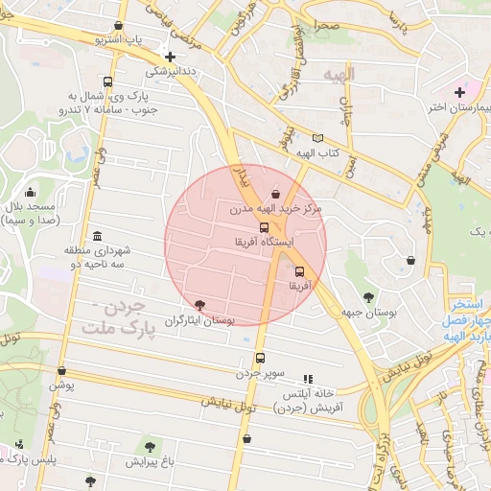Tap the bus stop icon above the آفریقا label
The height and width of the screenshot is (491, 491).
(x=299, y=271)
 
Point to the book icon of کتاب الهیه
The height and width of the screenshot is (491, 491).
(x=318, y=139)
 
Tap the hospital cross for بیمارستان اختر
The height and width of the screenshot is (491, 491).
(x=459, y=92)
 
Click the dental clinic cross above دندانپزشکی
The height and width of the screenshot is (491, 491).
(x=170, y=57)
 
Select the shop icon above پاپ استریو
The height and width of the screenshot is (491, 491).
(x=118, y=26)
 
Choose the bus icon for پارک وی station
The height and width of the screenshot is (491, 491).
(x=106, y=82)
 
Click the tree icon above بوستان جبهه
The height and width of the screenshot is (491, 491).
(x=369, y=297)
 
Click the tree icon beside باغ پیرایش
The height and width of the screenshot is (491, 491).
(x=149, y=447)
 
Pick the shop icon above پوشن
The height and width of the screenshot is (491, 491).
(x=62, y=370)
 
